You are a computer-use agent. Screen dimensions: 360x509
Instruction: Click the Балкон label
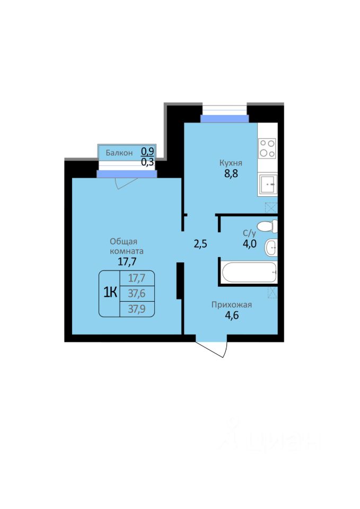(119, 153)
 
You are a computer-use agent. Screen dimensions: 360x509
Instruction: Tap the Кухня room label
(231, 163)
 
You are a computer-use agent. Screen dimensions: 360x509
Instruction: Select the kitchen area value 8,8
(231, 174)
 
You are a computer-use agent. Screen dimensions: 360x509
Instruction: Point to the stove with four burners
(268, 148)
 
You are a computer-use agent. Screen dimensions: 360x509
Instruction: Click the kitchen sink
(268, 185)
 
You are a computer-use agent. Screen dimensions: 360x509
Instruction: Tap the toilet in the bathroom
(267, 226)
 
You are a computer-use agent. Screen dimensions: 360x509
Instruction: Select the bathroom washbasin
(271, 248)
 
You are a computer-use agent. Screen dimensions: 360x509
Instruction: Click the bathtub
(249, 272)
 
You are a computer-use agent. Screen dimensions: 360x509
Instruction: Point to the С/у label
(249, 233)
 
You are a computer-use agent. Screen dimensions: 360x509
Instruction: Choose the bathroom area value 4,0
(249, 243)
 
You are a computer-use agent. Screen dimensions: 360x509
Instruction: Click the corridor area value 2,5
(200, 244)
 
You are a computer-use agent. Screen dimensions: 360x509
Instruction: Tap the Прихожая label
(232, 305)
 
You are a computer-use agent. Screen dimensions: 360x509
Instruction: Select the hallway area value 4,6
(232, 315)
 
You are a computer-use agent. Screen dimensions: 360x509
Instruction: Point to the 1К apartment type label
(110, 293)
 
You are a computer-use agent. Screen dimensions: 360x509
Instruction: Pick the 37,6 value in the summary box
(137, 293)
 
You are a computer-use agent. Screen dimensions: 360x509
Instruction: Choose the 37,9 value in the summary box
(137, 309)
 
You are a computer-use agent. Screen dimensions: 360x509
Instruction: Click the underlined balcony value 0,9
(147, 151)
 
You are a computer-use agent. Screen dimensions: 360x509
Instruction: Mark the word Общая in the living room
(124, 242)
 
